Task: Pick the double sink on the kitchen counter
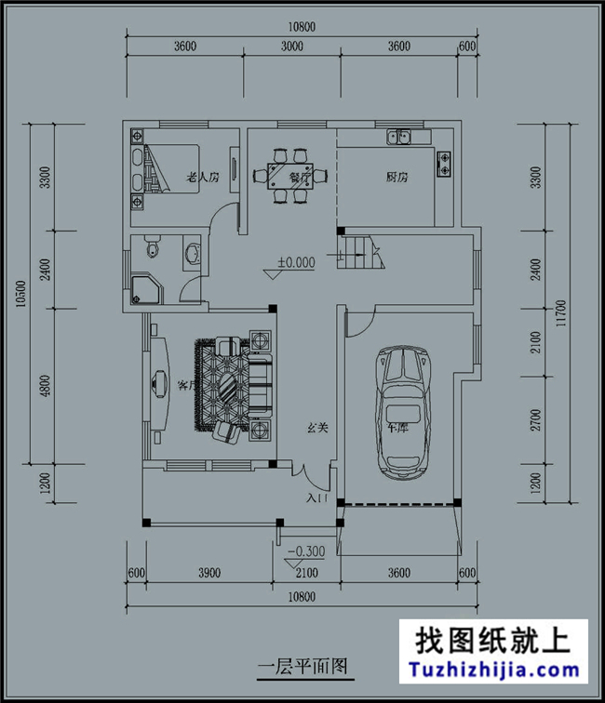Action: coord(402,139)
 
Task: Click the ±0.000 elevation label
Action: coord(295,263)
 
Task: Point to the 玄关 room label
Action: coord(318,429)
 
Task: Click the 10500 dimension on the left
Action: coord(20,294)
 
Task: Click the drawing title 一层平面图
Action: coord(302,666)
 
